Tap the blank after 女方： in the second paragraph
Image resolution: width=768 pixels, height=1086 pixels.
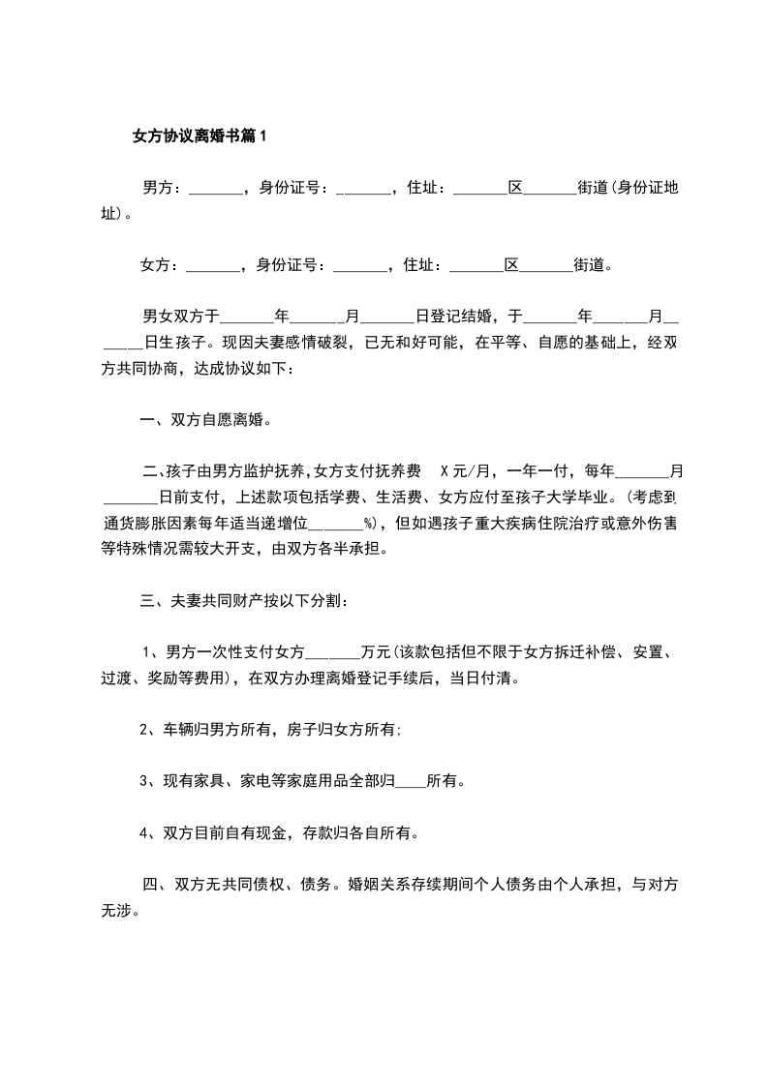(213, 264)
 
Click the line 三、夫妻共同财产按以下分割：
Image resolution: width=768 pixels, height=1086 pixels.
(244, 601)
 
